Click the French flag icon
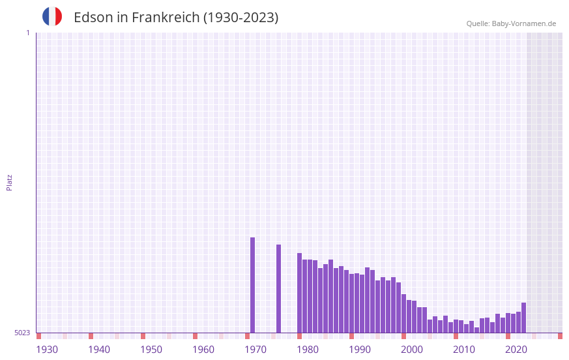[52, 16]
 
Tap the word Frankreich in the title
[166, 18]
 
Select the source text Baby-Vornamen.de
[523, 23]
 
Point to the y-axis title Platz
[9, 182]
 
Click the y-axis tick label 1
[27, 33]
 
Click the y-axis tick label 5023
[22, 333]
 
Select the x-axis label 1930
[47, 350]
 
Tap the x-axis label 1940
[99, 350]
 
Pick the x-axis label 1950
[151, 350]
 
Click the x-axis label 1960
[203, 350]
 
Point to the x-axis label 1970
[255, 350]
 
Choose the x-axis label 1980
[308, 350]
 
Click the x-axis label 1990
[360, 350]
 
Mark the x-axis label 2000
[412, 350]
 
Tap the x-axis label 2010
[464, 350]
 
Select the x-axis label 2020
[516, 350]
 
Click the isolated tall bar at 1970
[253, 285]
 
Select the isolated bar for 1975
[279, 288]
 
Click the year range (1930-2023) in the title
[241, 18]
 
